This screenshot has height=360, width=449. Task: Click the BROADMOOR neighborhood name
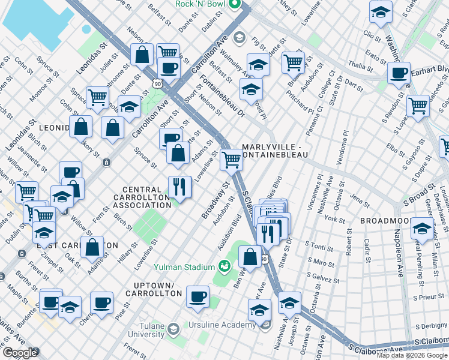[385, 221]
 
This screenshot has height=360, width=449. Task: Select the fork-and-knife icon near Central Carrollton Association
[179, 186]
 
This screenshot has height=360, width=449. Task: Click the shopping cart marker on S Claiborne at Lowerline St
[231, 160]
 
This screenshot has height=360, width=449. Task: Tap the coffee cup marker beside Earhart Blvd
[398, 73]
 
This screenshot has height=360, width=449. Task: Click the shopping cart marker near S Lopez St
[418, 106]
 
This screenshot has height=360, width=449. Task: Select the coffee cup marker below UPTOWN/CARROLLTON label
[197, 296]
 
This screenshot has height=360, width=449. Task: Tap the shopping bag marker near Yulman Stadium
[250, 257]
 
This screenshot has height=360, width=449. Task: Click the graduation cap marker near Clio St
[380, 11]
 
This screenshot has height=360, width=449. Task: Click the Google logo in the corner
[20, 353]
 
